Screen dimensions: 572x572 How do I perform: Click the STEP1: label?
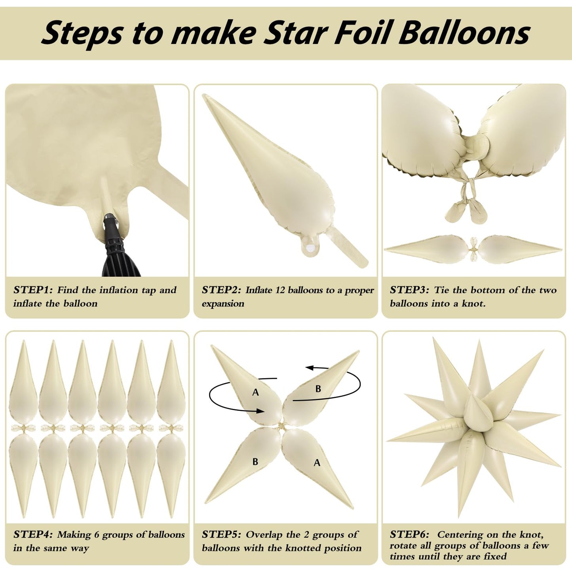coord(33,290)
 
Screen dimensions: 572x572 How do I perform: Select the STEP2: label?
coord(221,290)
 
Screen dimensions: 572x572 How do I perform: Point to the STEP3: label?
coord(409,290)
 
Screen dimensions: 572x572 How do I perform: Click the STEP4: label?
coord(33,535)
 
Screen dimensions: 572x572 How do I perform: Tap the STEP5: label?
coord(221,535)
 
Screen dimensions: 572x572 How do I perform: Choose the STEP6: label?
coord(409,535)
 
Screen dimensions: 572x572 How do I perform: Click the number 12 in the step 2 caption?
coord(280,290)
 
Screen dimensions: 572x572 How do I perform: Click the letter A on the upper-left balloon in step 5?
coord(256,392)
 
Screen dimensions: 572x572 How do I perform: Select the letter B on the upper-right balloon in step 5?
coord(318,389)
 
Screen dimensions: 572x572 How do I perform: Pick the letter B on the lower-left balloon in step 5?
coord(255,462)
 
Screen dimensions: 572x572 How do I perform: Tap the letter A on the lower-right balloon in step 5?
coord(317,462)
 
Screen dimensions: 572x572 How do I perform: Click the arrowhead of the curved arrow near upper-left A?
coord(260,411)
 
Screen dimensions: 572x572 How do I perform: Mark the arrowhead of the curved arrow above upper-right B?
coord(310,368)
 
